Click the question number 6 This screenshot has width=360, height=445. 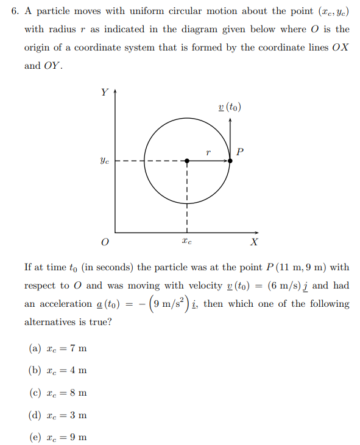pos(14,11)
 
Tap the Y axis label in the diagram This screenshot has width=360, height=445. pos(104,93)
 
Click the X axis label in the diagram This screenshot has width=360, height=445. pos(254,242)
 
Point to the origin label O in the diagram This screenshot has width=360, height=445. pos(105,242)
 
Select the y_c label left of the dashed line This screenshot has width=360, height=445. pos(105,161)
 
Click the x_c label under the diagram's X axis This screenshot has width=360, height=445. pos(186,242)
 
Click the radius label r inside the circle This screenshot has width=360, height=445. pos(208,153)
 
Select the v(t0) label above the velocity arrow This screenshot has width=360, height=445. pos(230,107)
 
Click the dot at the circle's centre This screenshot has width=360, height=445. pos(187,161)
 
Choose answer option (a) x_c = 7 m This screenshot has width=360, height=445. pos(58,348)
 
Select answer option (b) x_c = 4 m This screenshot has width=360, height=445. pos(58,370)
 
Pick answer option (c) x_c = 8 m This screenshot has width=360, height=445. pos(58,393)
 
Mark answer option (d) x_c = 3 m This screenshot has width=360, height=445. pos(58,415)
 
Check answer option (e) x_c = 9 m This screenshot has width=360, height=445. pos(58,437)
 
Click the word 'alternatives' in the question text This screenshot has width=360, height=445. pos(51,322)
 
